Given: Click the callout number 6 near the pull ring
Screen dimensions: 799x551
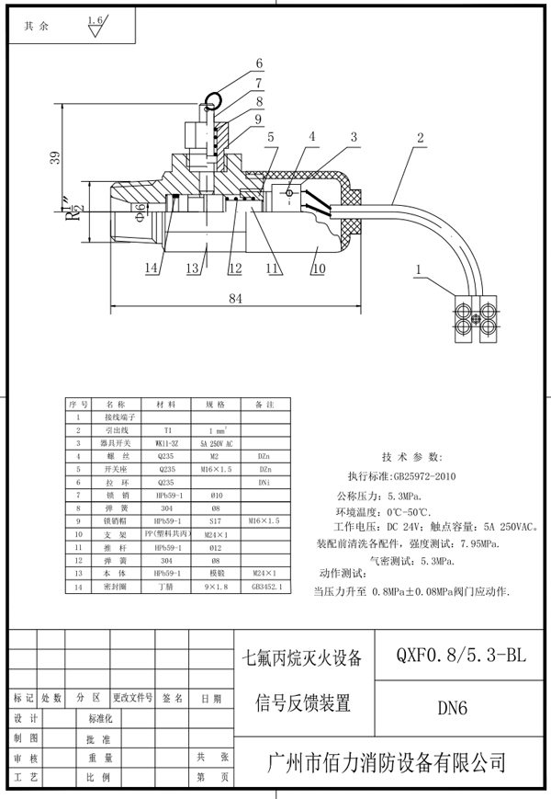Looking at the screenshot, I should [x=259, y=63].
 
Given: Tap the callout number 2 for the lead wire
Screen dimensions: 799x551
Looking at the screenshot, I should [x=420, y=138].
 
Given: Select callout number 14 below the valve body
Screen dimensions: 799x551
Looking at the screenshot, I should [x=152, y=268].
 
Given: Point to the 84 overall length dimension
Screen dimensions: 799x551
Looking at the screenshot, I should [x=235, y=298].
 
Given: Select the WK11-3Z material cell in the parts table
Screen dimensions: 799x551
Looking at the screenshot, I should [x=166, y=442].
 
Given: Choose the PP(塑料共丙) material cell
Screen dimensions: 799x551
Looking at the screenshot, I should [x=166, y=532].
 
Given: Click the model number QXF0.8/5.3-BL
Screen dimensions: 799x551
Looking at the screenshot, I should [x=461, y=655].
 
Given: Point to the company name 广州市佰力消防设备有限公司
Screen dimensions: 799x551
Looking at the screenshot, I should [x=386, y=763].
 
